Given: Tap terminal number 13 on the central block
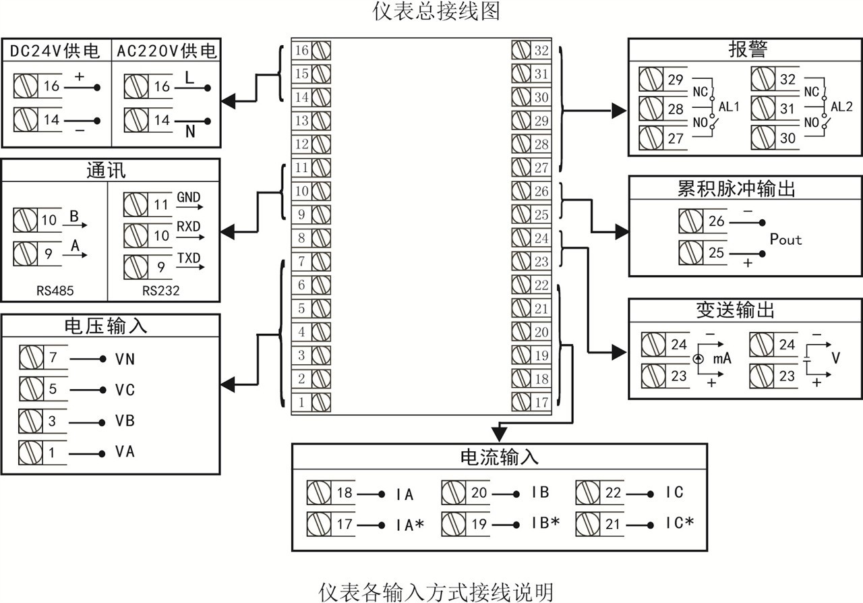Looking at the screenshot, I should click(302, 121).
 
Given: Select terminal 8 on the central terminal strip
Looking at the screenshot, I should click(302, 238).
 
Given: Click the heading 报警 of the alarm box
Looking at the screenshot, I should click(748, 49).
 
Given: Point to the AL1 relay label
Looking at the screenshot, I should click(730, 107).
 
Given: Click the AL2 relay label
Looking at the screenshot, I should click(841, 107).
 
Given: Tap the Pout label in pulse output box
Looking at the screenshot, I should click(785, 239).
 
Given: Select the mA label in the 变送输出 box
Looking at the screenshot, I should click(722, 358).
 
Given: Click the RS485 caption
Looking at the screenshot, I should click(55, 291).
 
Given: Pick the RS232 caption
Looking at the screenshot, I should click(161, 291).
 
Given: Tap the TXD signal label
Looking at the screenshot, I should click(189, 257).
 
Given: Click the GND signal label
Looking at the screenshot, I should click(189, 197).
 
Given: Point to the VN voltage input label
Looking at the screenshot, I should click(125, 359).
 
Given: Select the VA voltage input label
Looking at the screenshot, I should click(125, 451).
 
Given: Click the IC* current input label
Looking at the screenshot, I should click(680, 523).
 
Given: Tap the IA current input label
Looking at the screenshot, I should click(405, 494).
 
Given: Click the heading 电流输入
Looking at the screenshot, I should click(499, 457).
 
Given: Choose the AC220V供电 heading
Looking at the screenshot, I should click(167, 51).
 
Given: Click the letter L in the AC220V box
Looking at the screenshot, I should click(189, 78).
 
